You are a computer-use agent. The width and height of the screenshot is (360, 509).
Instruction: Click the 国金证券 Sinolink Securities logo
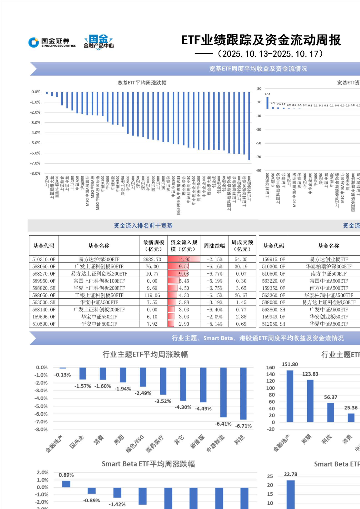pos(52,42)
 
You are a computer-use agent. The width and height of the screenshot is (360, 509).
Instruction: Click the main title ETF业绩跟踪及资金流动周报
pos(261,40)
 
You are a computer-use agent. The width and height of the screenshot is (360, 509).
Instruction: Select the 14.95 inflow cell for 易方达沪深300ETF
pos(184,259)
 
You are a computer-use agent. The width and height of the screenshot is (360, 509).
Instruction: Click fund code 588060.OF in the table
pos(44,267)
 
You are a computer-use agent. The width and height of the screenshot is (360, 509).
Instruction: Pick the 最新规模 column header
pos(153,246)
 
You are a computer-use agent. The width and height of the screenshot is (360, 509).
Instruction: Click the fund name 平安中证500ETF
pos(99,324)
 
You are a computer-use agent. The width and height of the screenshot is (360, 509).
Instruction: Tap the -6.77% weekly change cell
pos(214,274)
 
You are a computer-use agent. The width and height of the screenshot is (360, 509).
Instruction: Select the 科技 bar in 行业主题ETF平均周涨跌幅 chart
pos(243,393)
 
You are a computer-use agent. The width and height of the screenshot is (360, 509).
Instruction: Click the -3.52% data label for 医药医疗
pos(163,401)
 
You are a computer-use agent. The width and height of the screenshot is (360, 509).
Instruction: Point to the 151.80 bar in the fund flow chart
pos(290,396)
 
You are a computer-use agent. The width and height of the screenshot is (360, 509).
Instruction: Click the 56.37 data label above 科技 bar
pos(330,397)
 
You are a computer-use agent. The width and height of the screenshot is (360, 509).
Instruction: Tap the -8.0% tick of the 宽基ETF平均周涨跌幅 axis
pos(35,174)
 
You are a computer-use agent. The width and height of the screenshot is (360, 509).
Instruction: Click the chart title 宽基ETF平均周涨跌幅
pos(142,83)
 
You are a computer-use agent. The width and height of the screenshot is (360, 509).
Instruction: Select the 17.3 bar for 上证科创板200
pos(267,103)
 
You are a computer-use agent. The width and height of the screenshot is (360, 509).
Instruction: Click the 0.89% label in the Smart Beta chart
pos(66,475)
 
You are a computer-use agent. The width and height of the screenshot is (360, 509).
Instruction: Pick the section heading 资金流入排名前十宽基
pos(143,226)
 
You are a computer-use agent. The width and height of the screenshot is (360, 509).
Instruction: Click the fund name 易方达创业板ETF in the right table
pos(328,259)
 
